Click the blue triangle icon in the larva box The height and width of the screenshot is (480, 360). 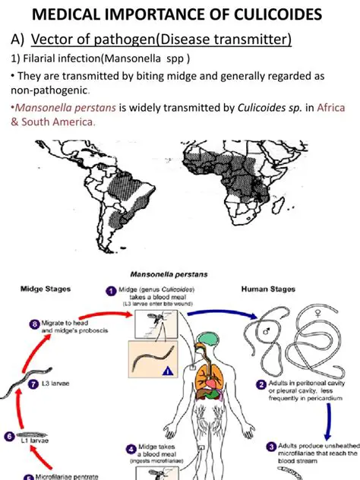(x=165, y=372)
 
